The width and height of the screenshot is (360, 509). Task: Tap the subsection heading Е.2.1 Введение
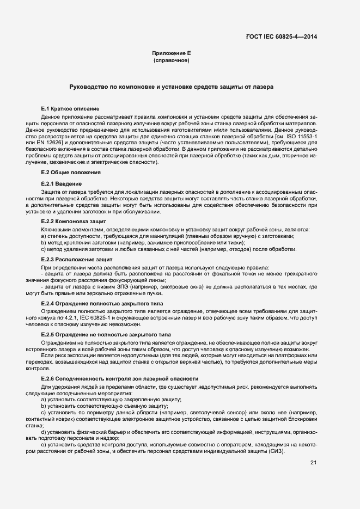coord(62,184)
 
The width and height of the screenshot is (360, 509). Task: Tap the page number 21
coord(313,463)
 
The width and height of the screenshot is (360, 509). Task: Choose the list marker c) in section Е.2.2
coord(43,249)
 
